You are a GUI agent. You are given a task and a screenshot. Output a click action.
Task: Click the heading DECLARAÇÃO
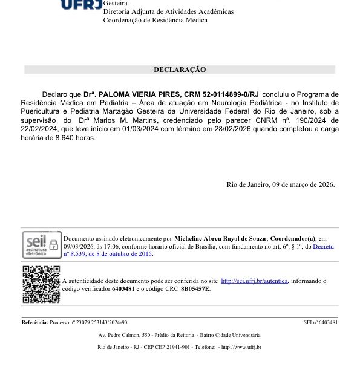(180, 70)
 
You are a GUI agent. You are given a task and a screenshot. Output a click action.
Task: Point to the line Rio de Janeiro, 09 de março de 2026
(280, 184)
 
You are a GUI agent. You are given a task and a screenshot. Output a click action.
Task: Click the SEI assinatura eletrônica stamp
(42, 245)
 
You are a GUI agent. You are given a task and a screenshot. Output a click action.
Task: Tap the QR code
(41, 284)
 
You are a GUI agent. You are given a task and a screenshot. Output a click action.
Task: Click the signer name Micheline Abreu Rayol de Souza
(221, 239)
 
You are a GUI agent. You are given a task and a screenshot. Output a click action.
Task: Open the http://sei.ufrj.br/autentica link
(255, 281)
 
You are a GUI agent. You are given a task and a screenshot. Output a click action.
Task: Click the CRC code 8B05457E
(195, 289)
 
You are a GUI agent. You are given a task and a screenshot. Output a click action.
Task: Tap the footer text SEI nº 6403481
(320, 322)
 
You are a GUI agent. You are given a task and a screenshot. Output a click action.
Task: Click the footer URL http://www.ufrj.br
(242, 347)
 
